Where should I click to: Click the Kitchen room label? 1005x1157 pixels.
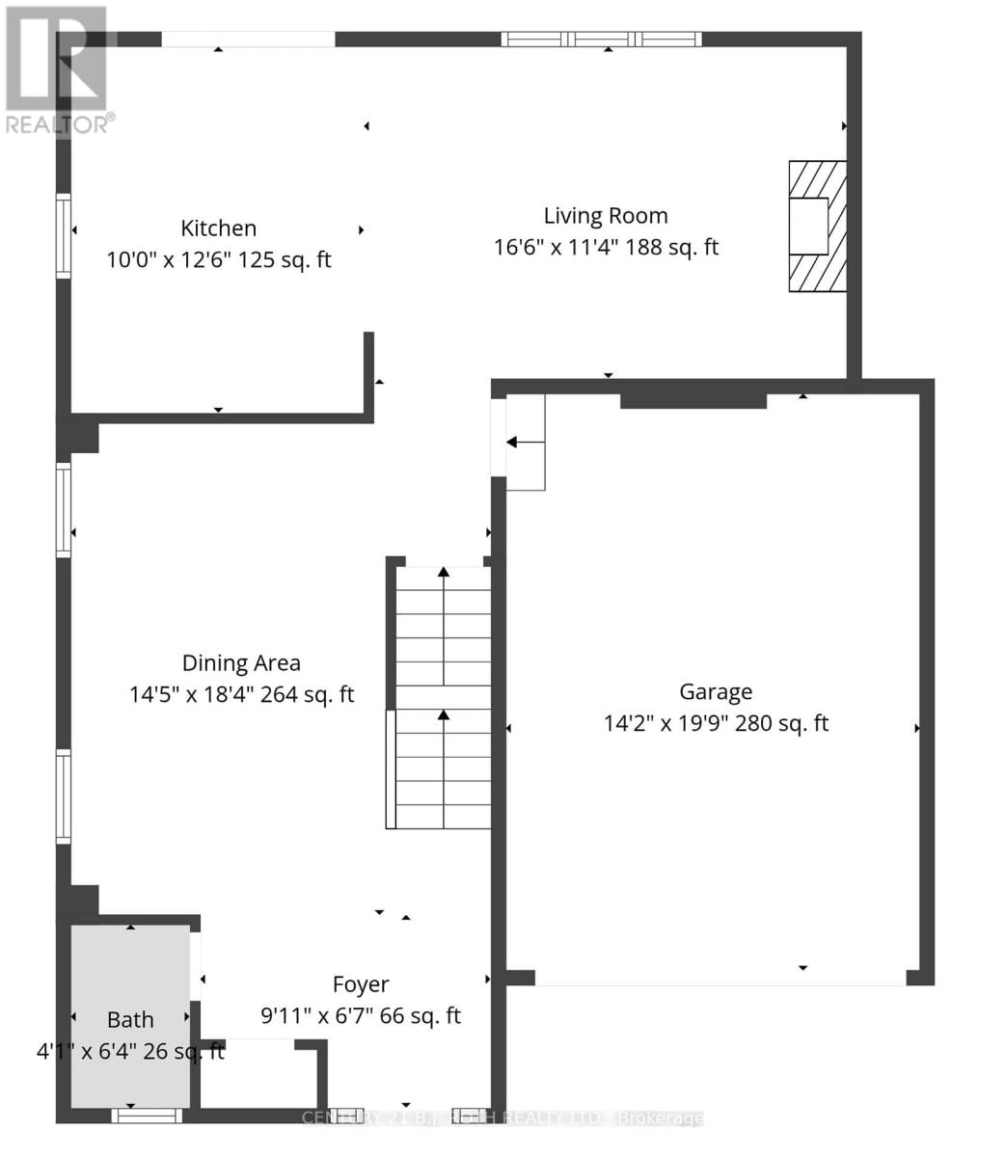[219, 229]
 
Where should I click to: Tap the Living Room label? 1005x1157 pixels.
[606, 216]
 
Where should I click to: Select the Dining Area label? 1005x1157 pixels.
[241, 663]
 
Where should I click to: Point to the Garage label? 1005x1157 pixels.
[716, 691]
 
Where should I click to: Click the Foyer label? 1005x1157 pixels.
[361, 984]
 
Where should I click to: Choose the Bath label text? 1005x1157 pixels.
[130, 1019]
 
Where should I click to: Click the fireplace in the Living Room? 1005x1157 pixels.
[816, 227]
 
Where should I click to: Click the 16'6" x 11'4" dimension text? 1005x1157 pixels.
[606, 247]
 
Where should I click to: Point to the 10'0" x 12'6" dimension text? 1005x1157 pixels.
[219, 259]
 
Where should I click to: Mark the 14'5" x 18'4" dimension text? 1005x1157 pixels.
[241, 694]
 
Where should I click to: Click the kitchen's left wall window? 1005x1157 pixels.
[64, 235]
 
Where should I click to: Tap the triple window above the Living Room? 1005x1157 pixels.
[601, 40]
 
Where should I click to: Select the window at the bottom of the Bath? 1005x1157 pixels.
[147, 1116]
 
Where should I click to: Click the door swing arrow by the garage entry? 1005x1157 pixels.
[525, 443]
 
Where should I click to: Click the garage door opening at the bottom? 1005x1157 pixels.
[720, 978]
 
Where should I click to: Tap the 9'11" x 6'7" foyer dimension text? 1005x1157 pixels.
[361, 1016]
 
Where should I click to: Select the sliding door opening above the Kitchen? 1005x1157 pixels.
[248, 40]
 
